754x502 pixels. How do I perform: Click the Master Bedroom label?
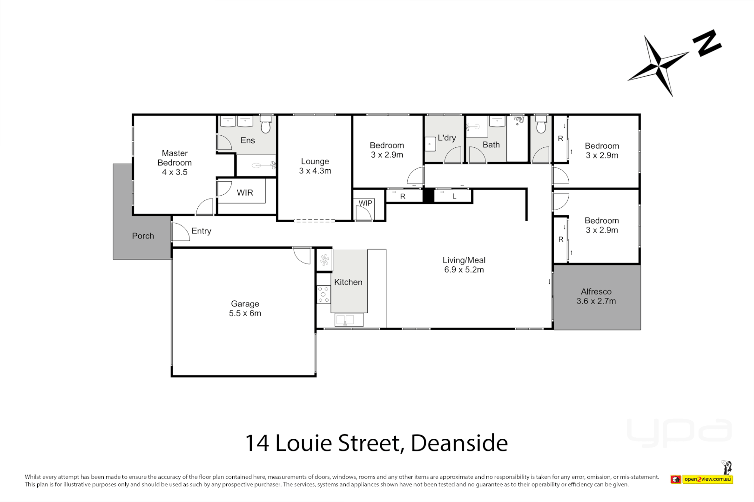[x=175, y=162]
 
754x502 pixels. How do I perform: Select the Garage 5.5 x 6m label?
[x=245, y=308]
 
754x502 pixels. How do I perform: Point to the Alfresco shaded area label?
[x=596, y=296]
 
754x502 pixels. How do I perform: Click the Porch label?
[x=143, y=236]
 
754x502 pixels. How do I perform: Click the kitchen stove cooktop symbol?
[x=323, y=295]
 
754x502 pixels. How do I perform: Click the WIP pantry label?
[x=365, y=203]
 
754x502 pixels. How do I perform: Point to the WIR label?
[x=245, y=192]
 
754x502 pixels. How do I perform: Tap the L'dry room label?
[x=447, y=138]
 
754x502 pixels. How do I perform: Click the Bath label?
[x=491, y=145]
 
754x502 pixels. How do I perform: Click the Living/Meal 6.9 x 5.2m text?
[x=464, y=265]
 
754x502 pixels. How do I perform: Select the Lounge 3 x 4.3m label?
[x=315, y=166]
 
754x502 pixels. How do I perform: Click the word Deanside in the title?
[x=459, y=443]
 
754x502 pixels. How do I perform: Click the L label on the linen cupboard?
[x=454, y=196]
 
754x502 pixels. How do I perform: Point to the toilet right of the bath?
[x=541, y=125]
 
